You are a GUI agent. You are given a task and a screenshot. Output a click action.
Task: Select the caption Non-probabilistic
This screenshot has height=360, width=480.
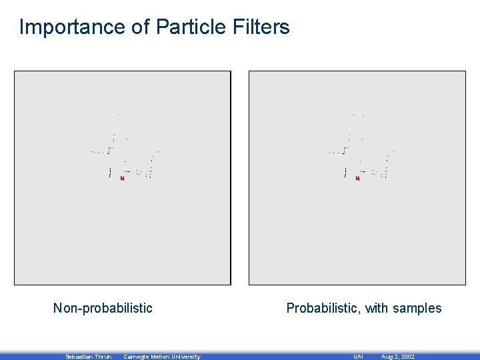(x=103, y=308)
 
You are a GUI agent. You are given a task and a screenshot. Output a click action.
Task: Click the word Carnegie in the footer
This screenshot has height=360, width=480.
(x=137, y=357)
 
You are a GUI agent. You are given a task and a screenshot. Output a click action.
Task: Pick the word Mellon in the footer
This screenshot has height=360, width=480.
(x=162, y=357)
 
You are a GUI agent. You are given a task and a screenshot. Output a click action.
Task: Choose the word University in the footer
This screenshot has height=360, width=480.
(x=187, y=357)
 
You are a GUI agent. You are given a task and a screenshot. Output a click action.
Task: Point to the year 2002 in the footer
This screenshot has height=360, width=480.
(x=407, y=357)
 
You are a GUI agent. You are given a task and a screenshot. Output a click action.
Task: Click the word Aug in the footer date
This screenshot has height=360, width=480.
(x=387, y=357)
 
